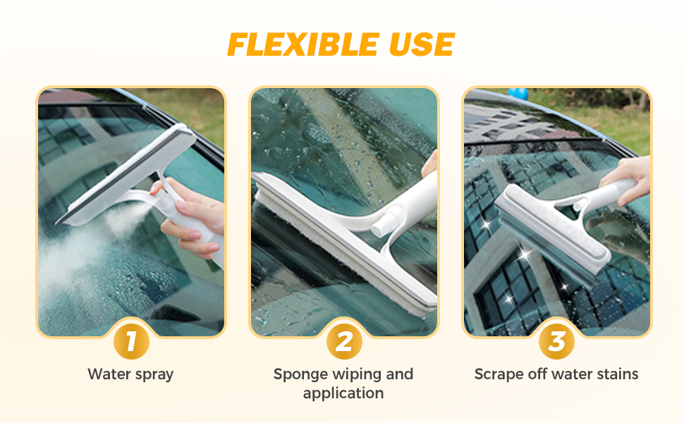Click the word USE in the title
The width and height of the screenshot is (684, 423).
418,45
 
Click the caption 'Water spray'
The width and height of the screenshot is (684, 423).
130,374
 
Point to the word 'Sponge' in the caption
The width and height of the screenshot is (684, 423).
300,374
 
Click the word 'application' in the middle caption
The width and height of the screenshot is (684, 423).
343,393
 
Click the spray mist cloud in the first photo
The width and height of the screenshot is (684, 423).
85,247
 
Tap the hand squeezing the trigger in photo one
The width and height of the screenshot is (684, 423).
190,211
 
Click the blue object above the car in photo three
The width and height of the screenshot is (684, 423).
518,93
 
